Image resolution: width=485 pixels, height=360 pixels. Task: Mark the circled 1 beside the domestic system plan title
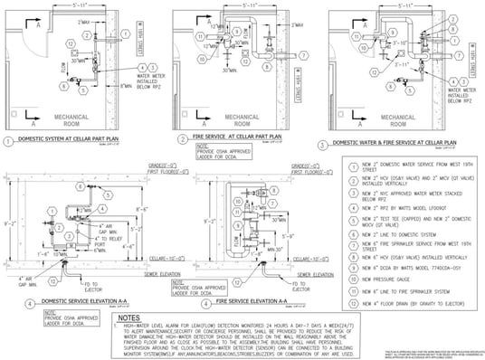(8, 141)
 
